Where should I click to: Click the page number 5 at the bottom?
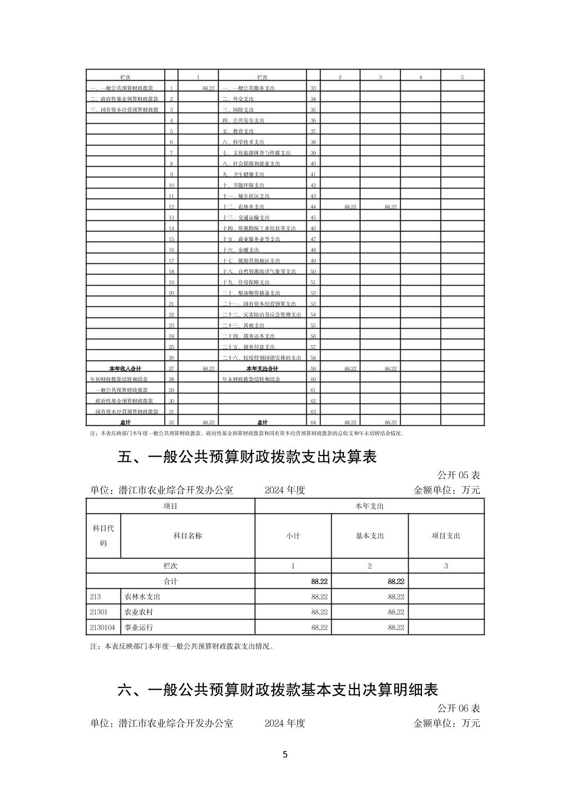tap(285, 754)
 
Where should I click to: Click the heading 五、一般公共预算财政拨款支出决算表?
tap(247, 457)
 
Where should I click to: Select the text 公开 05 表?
tap(459, 475)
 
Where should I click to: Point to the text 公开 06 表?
tap(459, 708)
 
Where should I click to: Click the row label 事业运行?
tap(139, 627)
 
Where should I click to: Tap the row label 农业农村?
tap(139, 612)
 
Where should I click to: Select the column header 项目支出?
tap(446, 536)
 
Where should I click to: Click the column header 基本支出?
tap(370, 536)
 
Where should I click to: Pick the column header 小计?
tap(293, 536)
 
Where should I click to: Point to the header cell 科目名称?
tap(188, 536)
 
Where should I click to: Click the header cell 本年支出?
tap(369, 506)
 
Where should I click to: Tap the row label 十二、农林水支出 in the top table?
tap(243, 207)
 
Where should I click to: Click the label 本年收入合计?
tap(125, 368)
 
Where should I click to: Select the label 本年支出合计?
tap(262, 368)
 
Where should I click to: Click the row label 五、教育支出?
tap(238, 131)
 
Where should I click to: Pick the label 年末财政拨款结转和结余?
tap(251, 379)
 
